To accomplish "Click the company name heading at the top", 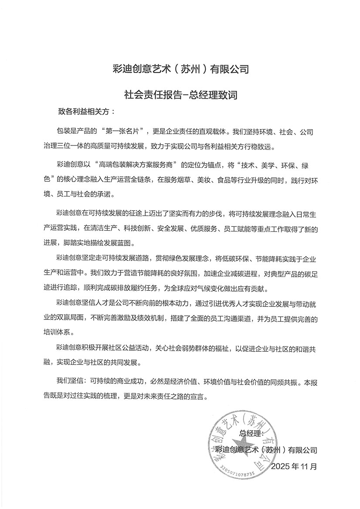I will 180,69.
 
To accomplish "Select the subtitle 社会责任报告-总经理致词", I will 180,94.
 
